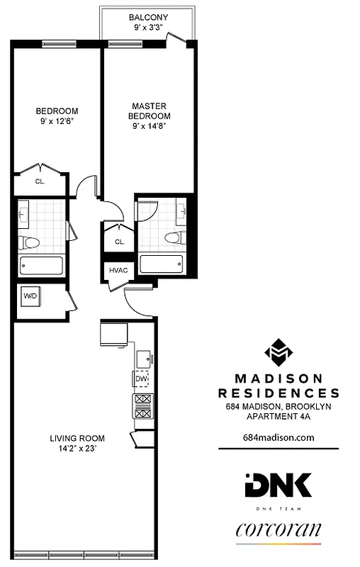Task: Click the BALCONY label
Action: pyautogui.click(x=148, y=17)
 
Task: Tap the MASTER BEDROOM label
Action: pyautogui.click(x=149, y=111)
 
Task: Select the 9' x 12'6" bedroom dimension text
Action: pyautogui.click(x=57, y=121)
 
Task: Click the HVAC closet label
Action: pyautogui.click(x=118, y=269)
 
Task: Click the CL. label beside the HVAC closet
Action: pyautogui.click(x=119, y=241)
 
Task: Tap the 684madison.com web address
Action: pyautogui.click(x=278, y=437)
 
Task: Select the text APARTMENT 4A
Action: pyautogui.click(x=278, y=416)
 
